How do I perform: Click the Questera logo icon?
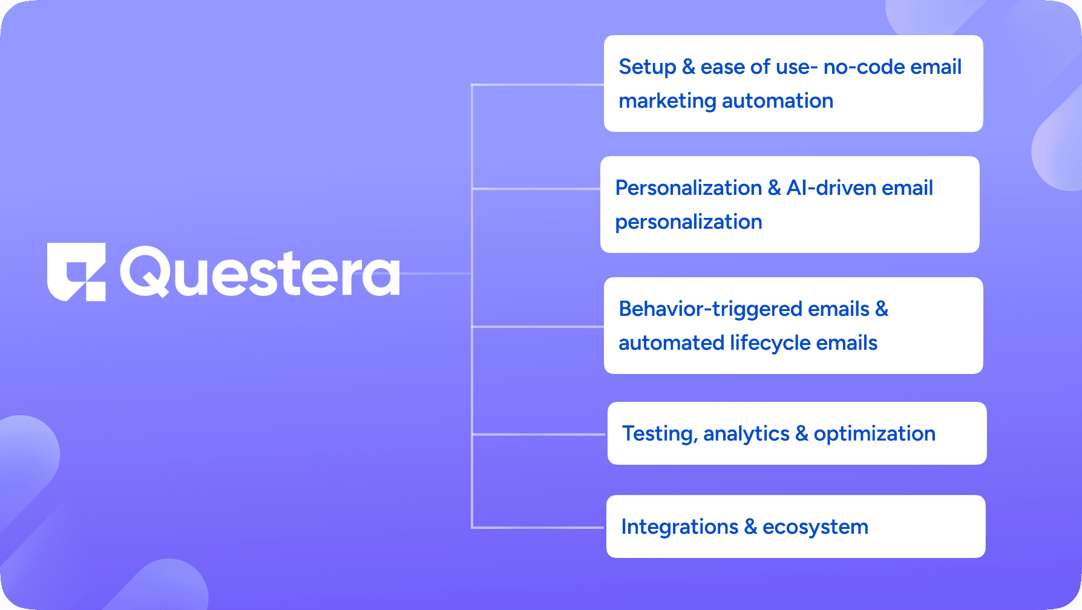[76, 272]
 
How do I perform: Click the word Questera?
[260, 272]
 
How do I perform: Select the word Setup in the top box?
[648, 68]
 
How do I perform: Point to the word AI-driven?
[831, 188]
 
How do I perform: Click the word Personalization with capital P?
[689, 188]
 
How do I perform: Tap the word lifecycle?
[770, 344]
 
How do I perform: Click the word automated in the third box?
[672, 343]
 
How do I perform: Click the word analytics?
[747, 435]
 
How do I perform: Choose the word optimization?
[874, 435]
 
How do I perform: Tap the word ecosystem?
[815, 528]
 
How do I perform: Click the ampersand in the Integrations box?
[750, 526]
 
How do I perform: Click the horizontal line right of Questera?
[436, 274]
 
